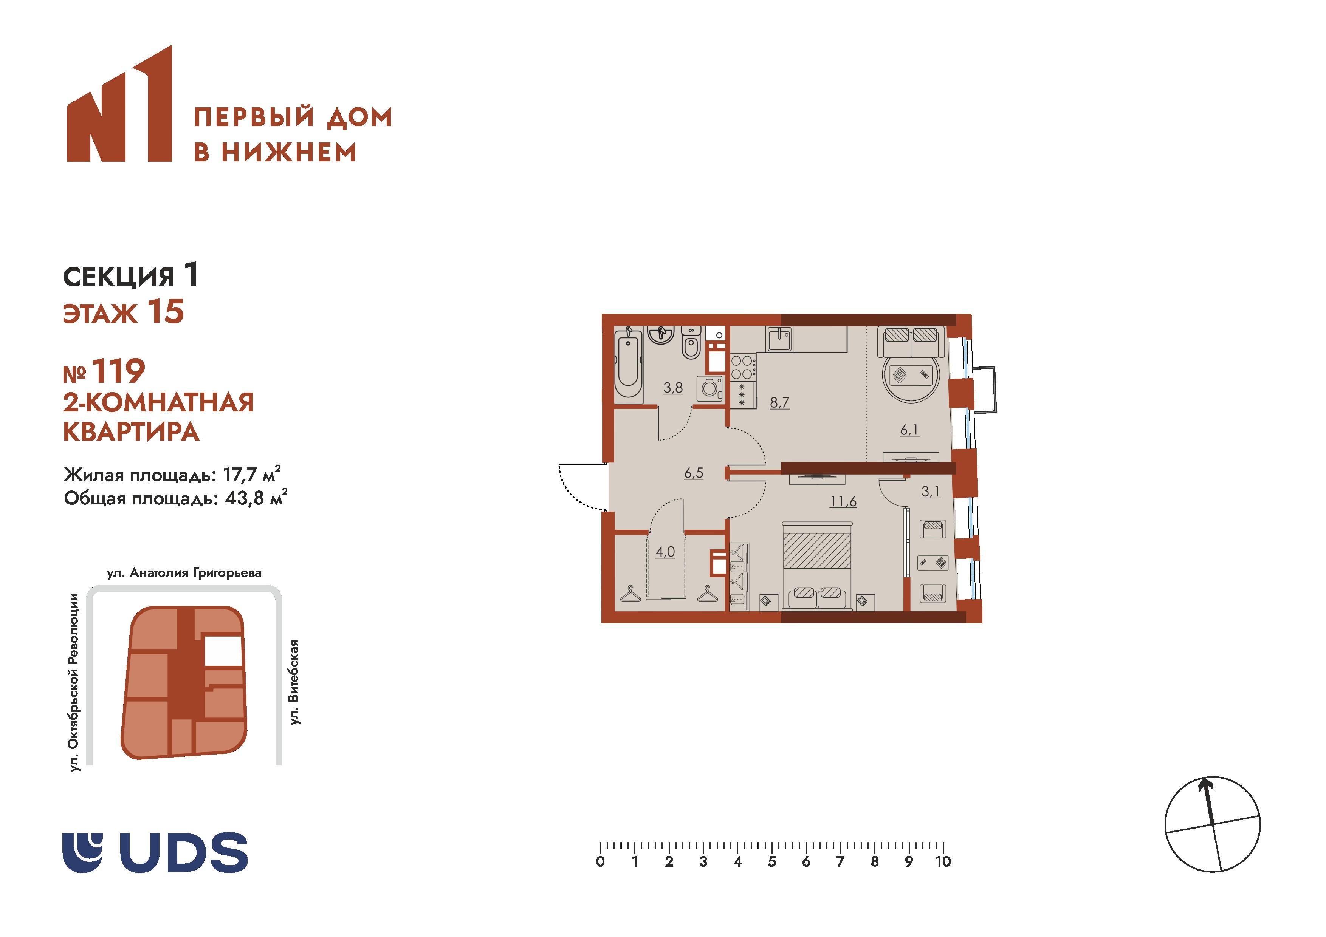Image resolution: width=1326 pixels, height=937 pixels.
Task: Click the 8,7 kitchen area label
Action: pos(779,402)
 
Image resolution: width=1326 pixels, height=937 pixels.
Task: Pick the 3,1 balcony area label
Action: pos(930,491)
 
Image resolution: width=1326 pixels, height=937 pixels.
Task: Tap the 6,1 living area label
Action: pos(909,430)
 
